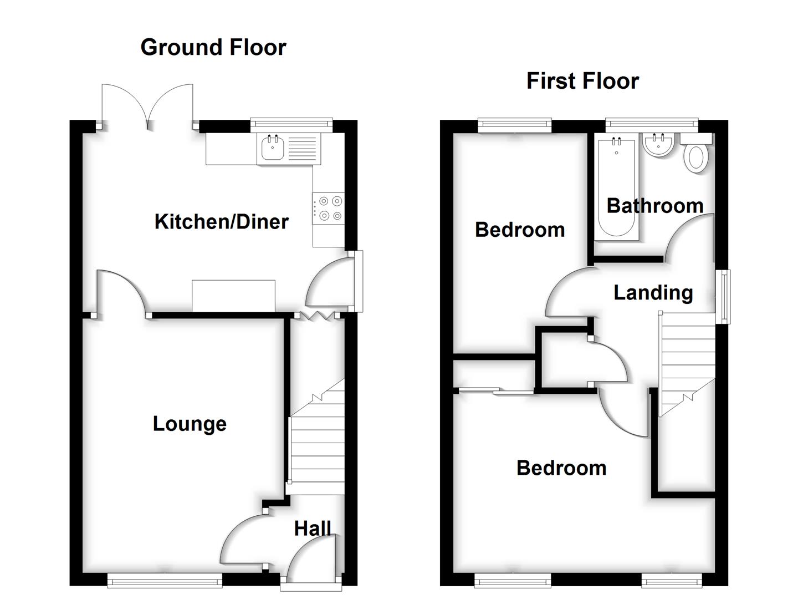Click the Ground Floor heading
pyautogui.click(x=213, y=48)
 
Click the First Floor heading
pyautogui.click(x=582, y=81)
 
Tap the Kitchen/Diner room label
pyautogui.click(x=221, y=222)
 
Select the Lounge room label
pyautogui.click(x=190, y=424)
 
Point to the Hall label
pyautogui.click(x=313, y=529)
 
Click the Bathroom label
pyautogui.click(x=655, y=206)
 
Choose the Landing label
pyautogui.click(x=653, y=292)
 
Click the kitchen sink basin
pyautogui.click(x=273, y=149)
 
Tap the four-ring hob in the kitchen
pyautogui.click(x=329, y=209)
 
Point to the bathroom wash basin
pyautogui.click(x=658, y=145)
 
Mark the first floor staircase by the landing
pyautogui.click(x=686, y=363)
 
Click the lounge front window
pyautogui.click(x=165, y=581)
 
